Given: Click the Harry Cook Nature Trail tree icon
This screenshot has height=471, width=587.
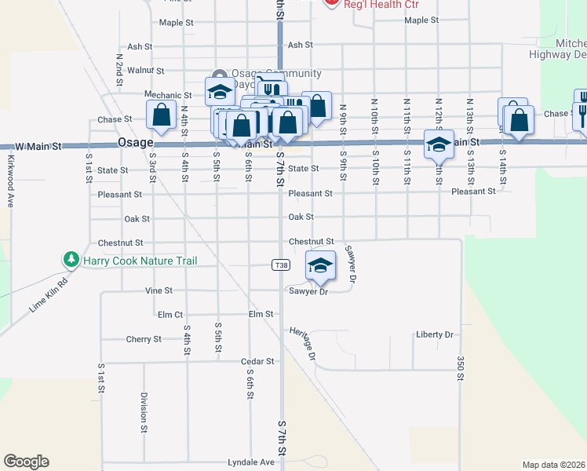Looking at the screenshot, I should tap(71, 260).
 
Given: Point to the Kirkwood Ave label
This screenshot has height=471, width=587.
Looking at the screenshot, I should tap(11, 181).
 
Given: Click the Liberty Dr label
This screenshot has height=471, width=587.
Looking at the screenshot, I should tap(435, 334).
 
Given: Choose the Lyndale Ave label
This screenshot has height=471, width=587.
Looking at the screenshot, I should tap(251, 462).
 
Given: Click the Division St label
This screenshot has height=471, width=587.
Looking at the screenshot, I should tap(144, 413).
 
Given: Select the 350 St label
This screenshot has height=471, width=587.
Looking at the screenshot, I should tap(461, 367).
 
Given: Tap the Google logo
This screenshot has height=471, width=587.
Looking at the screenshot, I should tap(26, 462).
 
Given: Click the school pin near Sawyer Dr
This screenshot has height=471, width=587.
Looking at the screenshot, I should tap(320, 266).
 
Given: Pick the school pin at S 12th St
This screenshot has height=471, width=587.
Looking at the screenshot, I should tap(439, 144).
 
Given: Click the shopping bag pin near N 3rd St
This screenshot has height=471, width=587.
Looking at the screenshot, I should tap(162, 115).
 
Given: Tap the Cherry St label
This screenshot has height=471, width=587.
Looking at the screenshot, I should tap(144, 339).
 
